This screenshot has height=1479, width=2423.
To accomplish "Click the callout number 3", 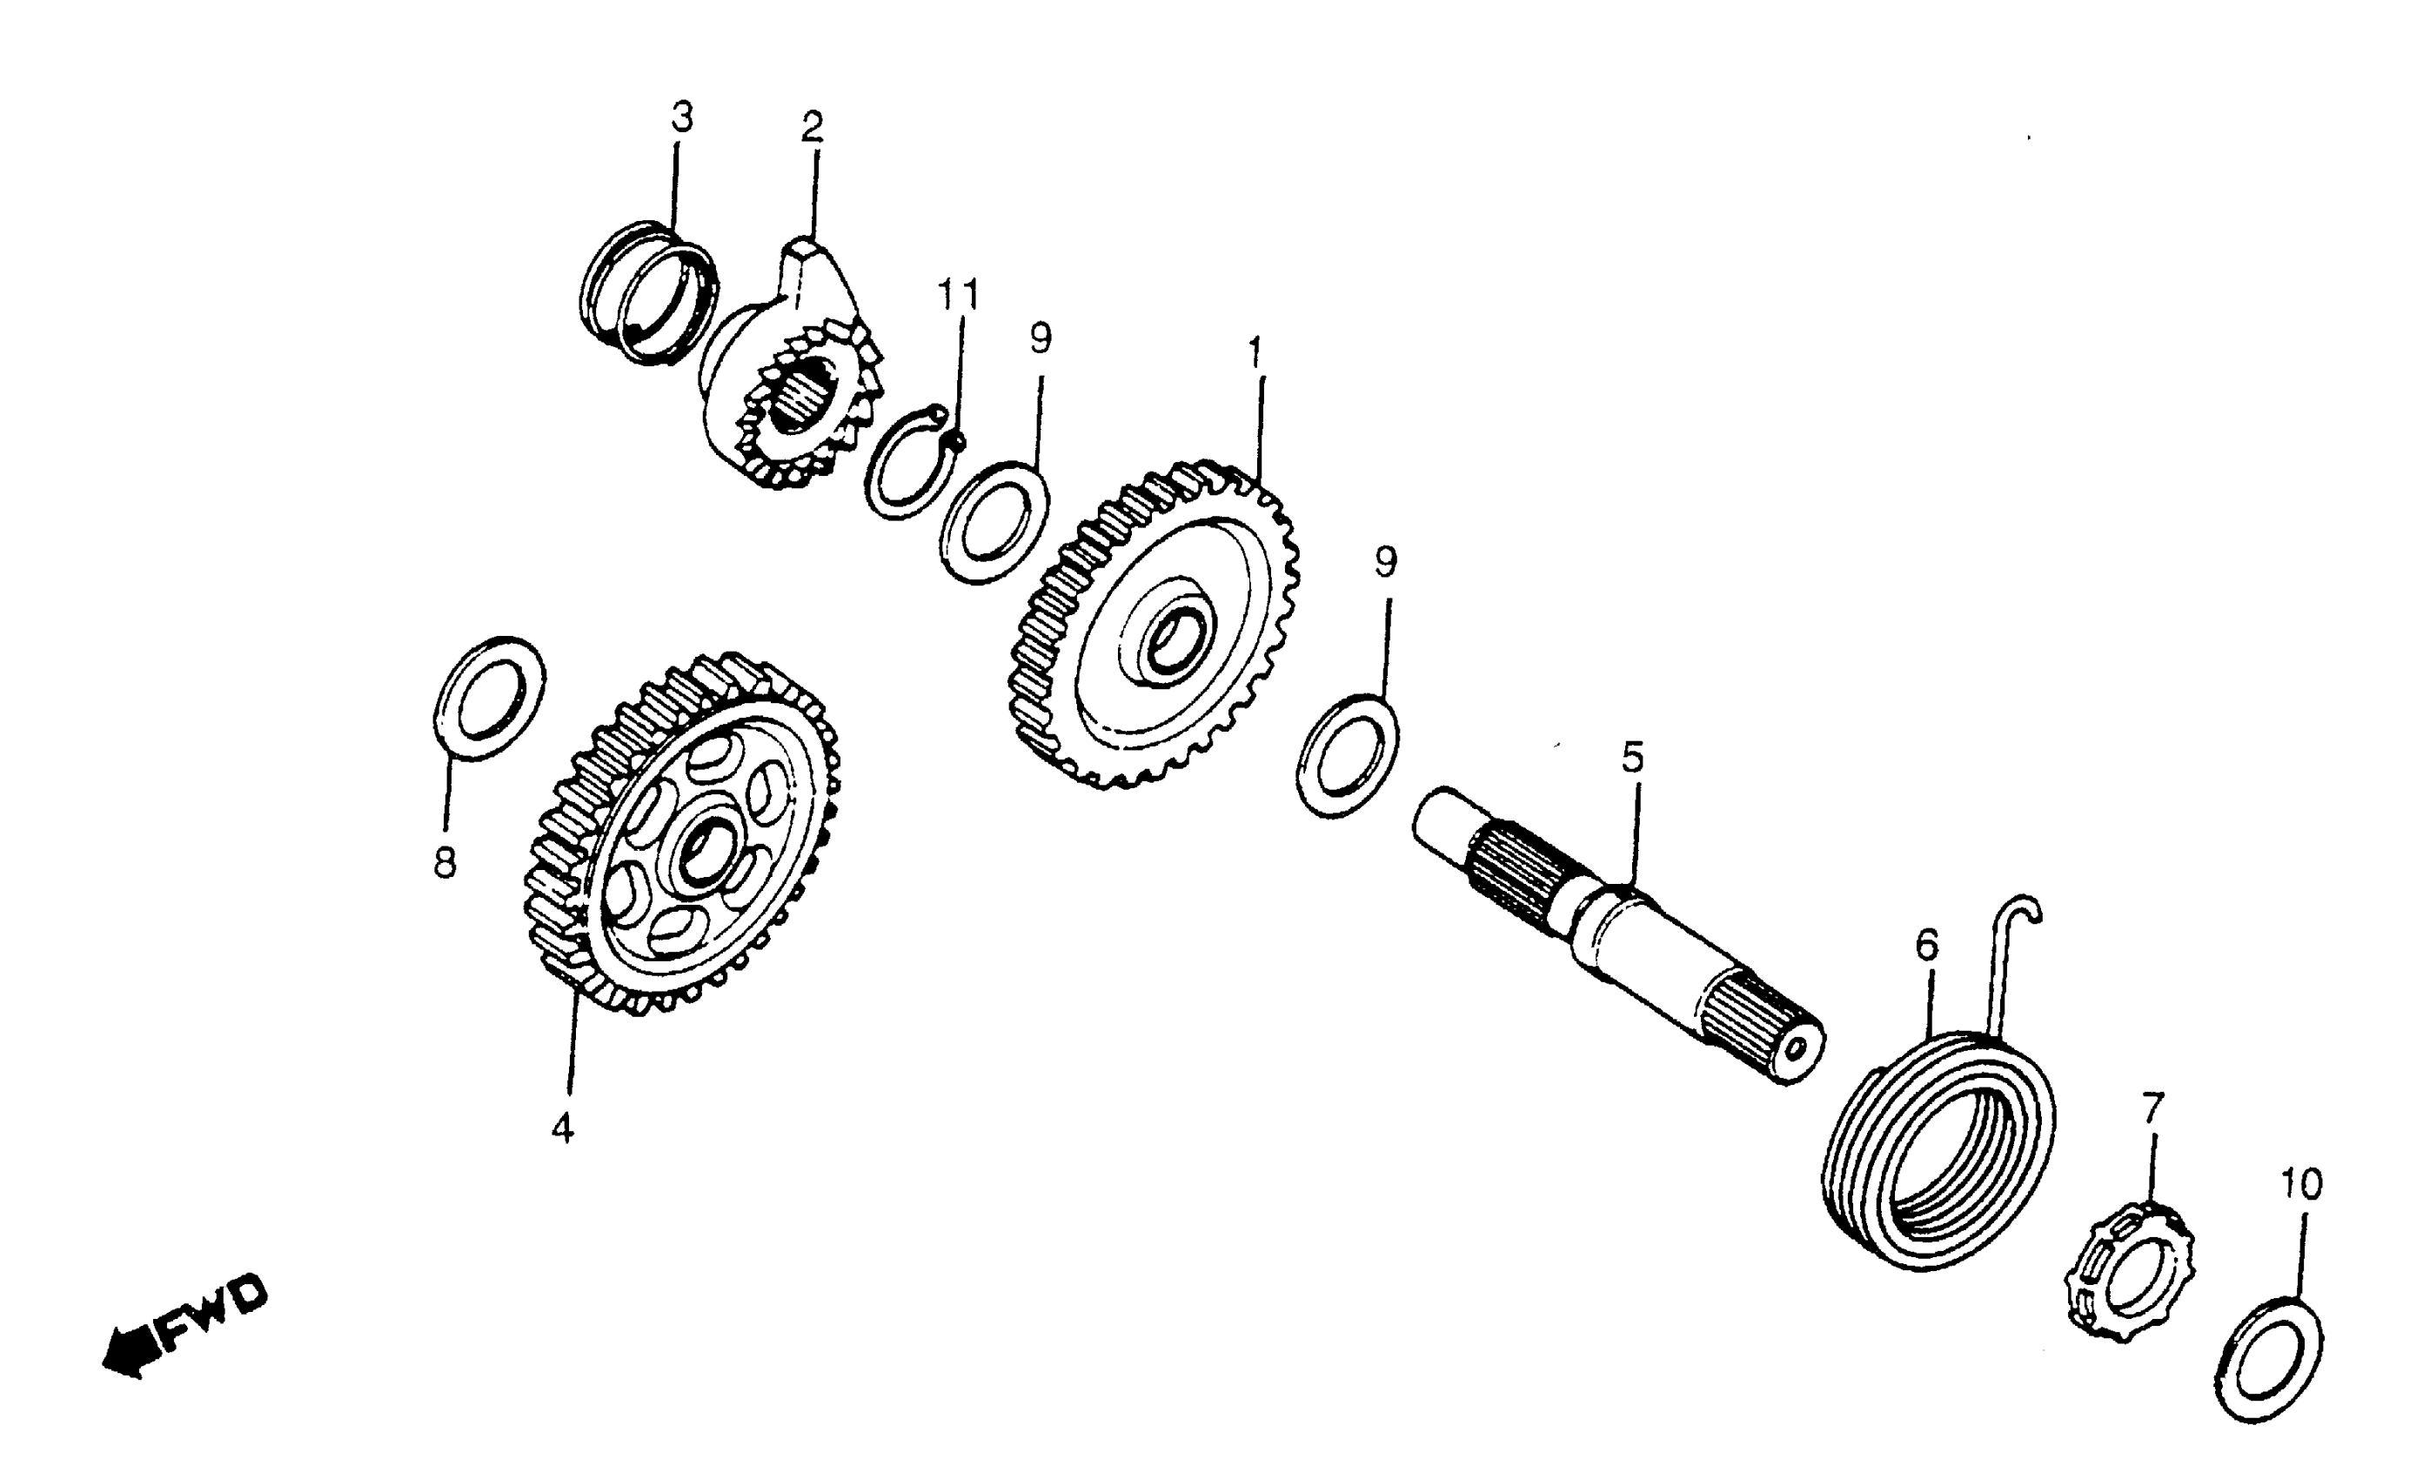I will click(x=681, y=118).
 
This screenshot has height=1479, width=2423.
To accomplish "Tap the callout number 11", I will click(x=958, y=294).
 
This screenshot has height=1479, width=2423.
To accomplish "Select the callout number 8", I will click(x=445, y=862).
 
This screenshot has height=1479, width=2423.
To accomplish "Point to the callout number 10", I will click(x=2301, y=1184).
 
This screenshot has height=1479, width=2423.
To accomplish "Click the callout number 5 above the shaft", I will click(x=1632, y=758).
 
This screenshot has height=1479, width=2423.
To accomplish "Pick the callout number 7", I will click(x=2153, y=1109).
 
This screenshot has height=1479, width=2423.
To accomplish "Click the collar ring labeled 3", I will click(x=648, y=292).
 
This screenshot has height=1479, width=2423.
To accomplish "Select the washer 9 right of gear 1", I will click(x=1347, y=755).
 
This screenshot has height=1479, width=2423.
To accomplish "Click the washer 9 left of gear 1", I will click(x=994, y=522).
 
